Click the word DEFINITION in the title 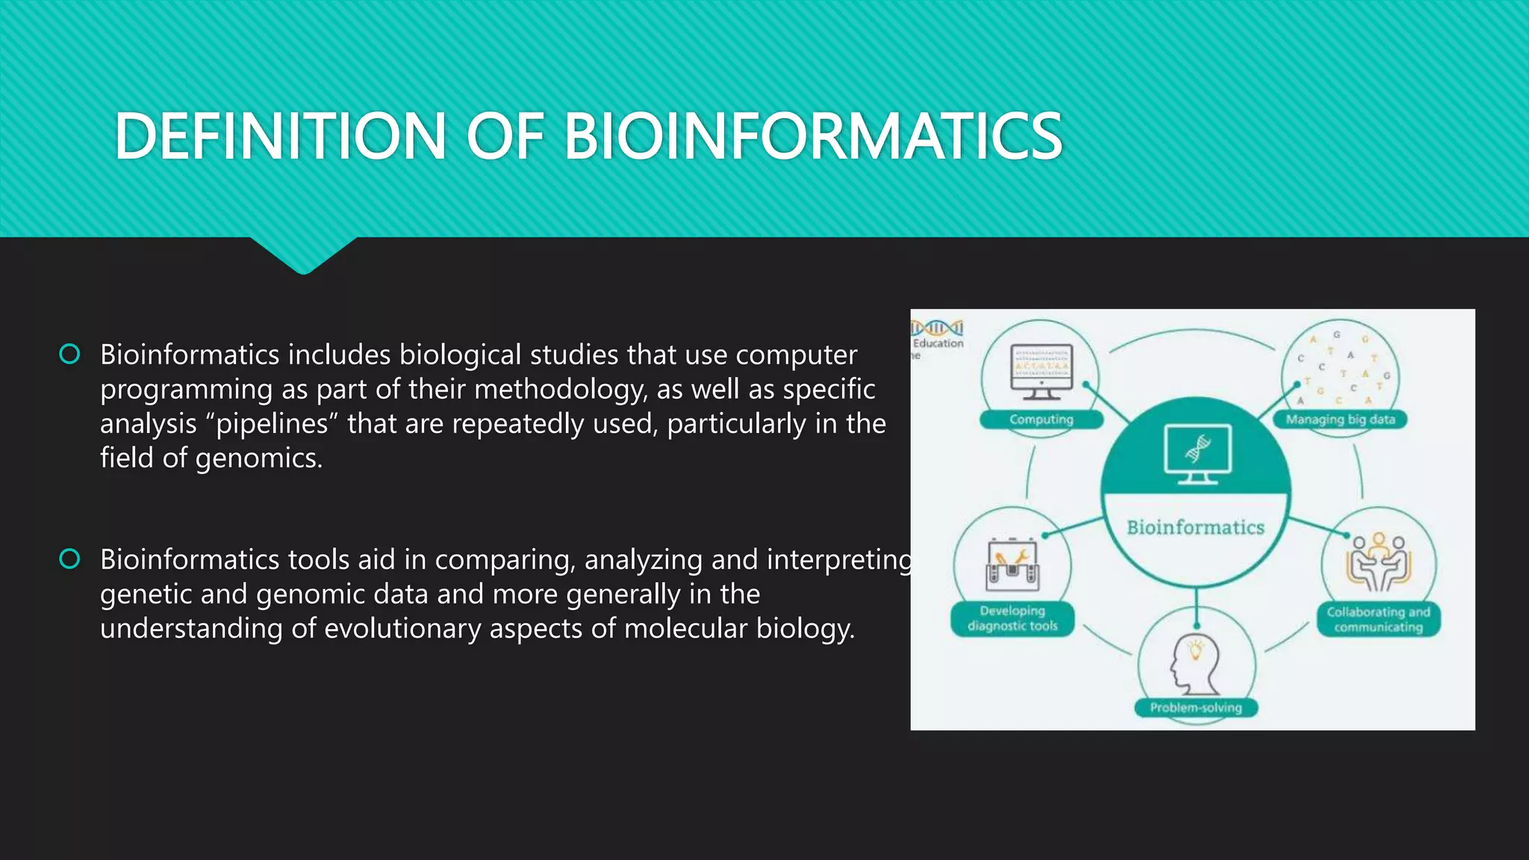[x=281, y=136]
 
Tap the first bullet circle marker [x=69, y=354]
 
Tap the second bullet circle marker [x=69, y=558]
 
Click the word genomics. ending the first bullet [x=259, y=458]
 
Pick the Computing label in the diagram [x=1041, y=420]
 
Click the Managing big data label [x=1340, y=420]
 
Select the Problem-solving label [x=1195, y=707]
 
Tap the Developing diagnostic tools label [x=1012, y=619]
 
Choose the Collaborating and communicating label [x=1378, y=620]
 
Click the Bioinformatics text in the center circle [x=1195, y=528]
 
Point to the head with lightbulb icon [x=1195, y=664]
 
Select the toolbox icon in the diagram [x=1012, y=566]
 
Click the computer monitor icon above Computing [x=1041, y=371]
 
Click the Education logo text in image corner [x=938, y=343]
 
